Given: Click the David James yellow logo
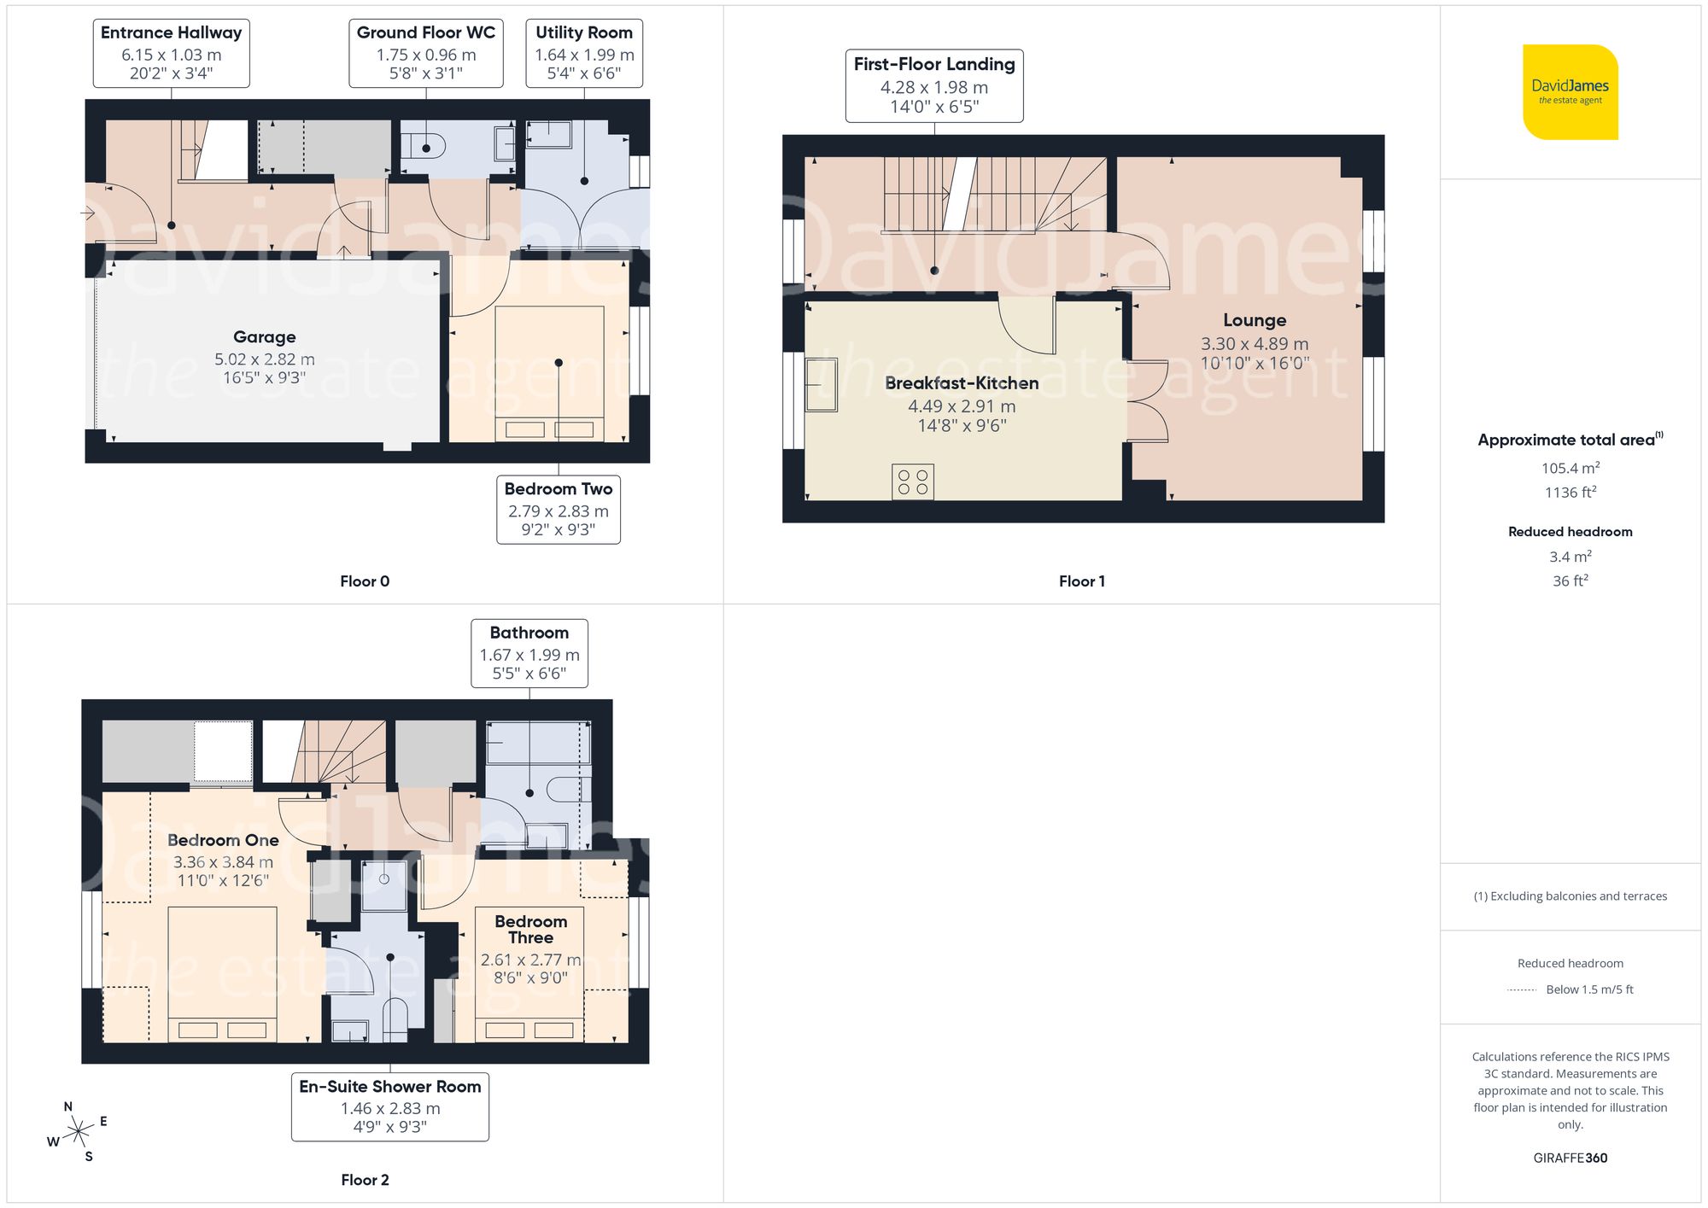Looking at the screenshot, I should pos(1570,92).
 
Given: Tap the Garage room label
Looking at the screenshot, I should pos(265,337).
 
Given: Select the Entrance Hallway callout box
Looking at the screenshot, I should pos(171,53).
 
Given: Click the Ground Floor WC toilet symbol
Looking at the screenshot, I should pos(425,147).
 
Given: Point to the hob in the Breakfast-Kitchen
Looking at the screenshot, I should pos(912,481).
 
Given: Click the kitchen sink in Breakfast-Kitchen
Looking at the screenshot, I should pos(821,386).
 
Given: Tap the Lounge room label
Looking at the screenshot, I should pos(1254,320).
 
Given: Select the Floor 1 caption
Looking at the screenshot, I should pos(1081,581).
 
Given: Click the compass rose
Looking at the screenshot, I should pos(79,1132).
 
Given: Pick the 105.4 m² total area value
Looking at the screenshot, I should pos(1570,468).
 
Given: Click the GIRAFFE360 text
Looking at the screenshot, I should pos(1570,1158).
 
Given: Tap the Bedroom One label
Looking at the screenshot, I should pos(223,840).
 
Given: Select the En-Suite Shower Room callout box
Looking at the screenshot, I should pos(390,1106).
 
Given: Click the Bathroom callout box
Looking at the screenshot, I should pos(529,653).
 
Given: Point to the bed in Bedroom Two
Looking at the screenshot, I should pos(549,373).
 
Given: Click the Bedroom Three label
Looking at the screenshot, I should pos(530,929).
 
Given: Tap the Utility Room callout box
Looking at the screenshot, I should pos(584,53).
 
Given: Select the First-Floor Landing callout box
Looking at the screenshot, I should pos(934,85).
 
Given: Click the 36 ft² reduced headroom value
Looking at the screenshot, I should pos(1570,581).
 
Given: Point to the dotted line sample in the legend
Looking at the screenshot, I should pos(1522,990).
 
